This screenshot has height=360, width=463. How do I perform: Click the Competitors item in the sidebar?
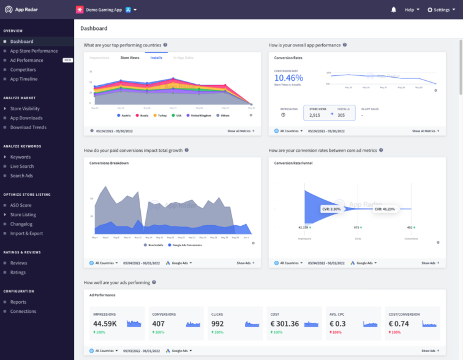(x=23, y=70)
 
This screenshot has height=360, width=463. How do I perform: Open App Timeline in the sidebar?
(x=24, y=79)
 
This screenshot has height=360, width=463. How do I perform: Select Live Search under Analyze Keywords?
(x=22, y=167)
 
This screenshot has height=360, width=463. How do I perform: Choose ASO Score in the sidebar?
(x=21, y=205)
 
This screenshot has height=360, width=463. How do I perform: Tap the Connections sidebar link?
(x=23, y=312)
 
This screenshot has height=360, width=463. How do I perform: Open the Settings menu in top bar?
(x=441, y=10)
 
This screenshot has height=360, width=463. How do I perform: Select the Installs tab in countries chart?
(x=156, y=58)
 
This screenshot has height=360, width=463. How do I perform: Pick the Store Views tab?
(x=129, y=58)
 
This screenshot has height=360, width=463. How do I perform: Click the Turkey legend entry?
(x=160, y=115)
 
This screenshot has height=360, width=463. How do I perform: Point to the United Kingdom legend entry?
(x=200, y=115)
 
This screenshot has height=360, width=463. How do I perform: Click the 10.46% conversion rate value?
(x=288, y=78)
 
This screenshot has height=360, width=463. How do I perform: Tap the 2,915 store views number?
(x=314, y=115)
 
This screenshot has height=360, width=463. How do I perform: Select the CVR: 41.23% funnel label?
(x=384, y=209)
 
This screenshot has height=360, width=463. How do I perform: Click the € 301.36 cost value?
(x=285, y=323)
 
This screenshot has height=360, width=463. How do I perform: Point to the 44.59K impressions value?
(x=105, y=323)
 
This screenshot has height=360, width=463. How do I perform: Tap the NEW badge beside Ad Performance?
(x=68, y=61)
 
